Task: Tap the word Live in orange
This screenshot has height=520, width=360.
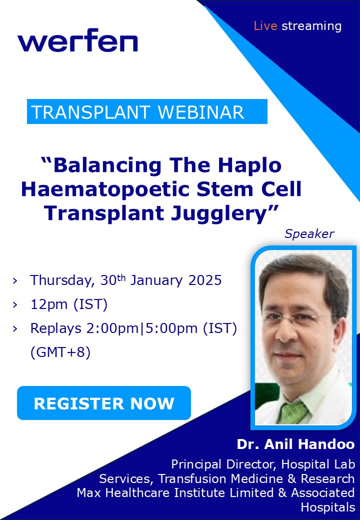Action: click(x=265, y=26)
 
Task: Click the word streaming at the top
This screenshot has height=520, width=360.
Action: click(x=311, y=26)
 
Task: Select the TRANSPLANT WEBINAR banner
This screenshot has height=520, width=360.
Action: click(x=147, y=112)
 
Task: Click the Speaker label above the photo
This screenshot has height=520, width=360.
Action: click(x=309, y=233)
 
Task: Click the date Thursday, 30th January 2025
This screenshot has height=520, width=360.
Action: click(x=125, y=280)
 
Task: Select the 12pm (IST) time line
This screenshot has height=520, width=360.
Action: click(x=68, y=304)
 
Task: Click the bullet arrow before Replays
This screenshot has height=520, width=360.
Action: click(x=15, y=328)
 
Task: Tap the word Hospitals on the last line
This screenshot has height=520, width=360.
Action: click(x=327, y=507)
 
